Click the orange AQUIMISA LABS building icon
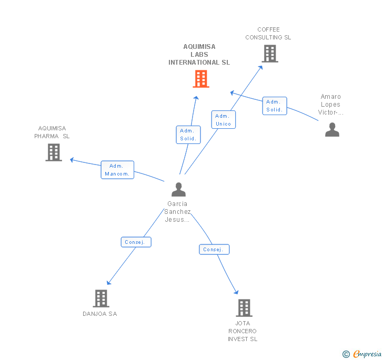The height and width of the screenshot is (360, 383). click(x=201, y=79)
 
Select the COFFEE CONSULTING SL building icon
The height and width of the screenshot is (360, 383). click(x=270, y=54)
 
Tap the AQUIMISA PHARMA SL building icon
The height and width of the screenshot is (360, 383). click(x=54, y=152)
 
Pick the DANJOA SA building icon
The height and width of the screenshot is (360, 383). click(x=101, y=299)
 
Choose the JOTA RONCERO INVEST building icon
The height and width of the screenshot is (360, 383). click(x=244, y=308)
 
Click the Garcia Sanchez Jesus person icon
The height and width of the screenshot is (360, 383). click(x=178, y=189)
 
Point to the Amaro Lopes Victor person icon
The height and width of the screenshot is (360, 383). click(x=332, y=130)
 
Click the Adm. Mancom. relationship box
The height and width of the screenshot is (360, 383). click(x=117, y=170)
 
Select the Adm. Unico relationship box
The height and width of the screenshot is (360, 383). click(x=224, y=120)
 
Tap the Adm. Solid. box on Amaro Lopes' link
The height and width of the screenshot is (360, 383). click(x=275, y=106)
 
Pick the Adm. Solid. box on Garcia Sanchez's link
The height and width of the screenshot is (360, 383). click(x=188, y=135)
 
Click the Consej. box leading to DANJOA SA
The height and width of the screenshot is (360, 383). click(x=136, y=242)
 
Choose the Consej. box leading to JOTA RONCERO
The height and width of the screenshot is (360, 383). click(x=214, y=250)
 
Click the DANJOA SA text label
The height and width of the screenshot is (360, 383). click(x=100, y=314)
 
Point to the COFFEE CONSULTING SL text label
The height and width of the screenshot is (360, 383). click(x=268, y=34)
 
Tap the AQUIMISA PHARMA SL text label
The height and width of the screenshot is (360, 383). click(x=52, y=132)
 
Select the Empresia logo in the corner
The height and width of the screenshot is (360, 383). click(x=362, y=354)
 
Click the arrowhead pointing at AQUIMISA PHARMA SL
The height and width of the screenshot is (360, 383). click(x=72, y=160)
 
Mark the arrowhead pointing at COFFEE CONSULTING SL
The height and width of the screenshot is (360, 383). click(x=260, y=68)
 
